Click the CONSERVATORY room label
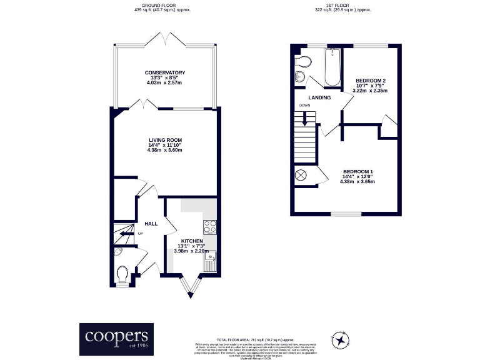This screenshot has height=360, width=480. (165, 72)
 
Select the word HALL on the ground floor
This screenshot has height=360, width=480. (151, 223)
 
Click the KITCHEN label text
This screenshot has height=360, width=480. (192, 241)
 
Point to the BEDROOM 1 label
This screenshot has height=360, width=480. (357, 172)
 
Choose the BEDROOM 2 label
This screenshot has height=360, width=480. (370, 81)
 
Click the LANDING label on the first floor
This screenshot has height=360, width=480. (319, 97)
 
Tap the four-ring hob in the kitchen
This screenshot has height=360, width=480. (209, 226)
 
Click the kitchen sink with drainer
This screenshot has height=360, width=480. (209, 262)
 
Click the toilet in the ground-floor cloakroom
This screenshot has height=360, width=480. (123, 274)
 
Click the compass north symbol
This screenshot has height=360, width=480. (342, 339)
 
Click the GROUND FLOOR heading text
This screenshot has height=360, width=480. (162, 6)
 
